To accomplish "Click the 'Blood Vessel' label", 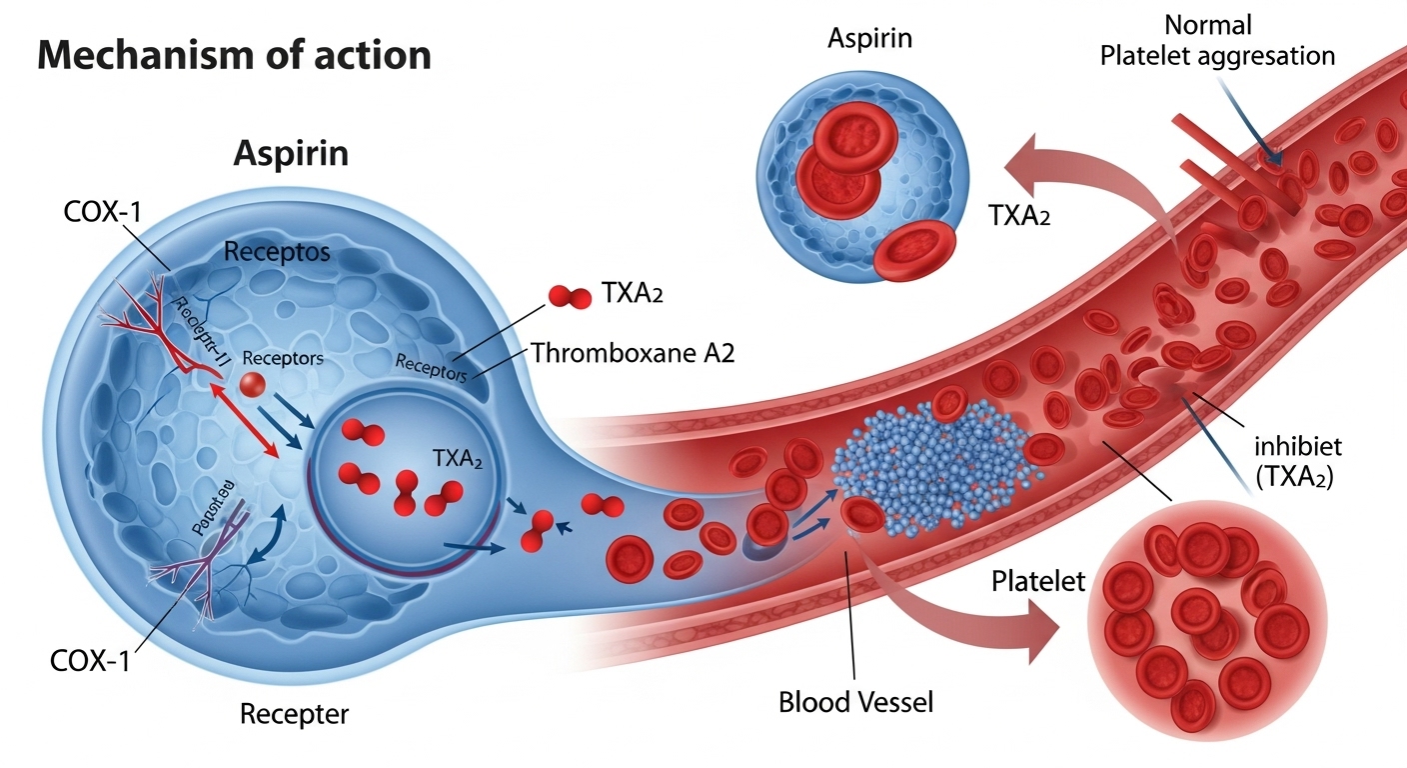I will [855, 702].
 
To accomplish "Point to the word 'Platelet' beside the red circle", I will [1037, 581].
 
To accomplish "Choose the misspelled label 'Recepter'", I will [295, 714].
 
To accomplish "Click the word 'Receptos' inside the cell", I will [277, 251].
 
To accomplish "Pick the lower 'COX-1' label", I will [90, 661].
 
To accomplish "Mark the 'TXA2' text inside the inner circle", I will [458, 458].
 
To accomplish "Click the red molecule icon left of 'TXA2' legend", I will [571, 295].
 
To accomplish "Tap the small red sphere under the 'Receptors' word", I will [253, 384].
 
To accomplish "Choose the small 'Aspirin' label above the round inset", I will [869, 39].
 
